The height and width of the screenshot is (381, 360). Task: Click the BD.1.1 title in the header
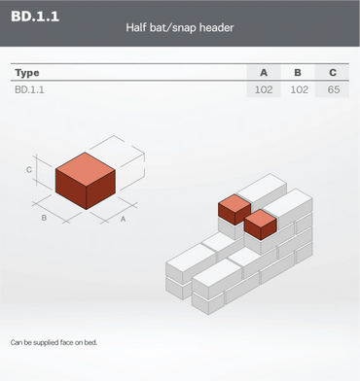[35, 17]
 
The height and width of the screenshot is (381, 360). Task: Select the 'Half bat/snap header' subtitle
[180, 27]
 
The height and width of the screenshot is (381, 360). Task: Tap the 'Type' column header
[27, 73]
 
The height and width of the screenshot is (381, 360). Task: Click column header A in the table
[264, 73]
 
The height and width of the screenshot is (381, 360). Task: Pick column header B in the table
[298, 73]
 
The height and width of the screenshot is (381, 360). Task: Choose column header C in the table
[333, 73]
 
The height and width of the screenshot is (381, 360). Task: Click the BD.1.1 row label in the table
[29, 89]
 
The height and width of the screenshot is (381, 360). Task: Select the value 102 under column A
[264, 89]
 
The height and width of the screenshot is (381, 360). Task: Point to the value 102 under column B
[299, 89]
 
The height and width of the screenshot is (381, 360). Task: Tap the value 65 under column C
[334, 89]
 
